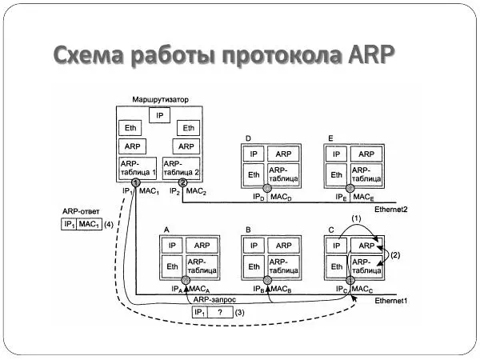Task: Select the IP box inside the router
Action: pos(160,115)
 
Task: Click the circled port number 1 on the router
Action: pos(136,183)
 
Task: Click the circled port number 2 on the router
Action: pos(183,183)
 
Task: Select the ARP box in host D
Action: pos(284,154)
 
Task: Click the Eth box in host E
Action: pos(336,174)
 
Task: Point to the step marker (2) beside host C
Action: pos(394,254)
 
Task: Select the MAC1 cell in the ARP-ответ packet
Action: pos(88,225)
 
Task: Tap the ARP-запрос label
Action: pos(212,298)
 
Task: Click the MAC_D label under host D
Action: pos(284,196)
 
